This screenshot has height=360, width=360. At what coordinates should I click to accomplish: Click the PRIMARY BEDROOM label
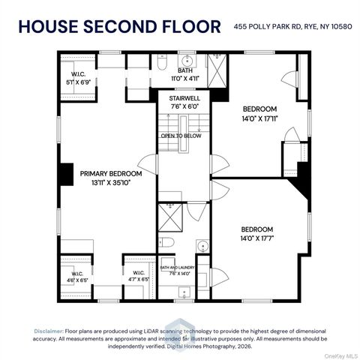pyautogui.click(x=111, y=173)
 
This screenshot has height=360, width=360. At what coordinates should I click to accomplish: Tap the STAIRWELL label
pyautogui.click(x=184, y=98)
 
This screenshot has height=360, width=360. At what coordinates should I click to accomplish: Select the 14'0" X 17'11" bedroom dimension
pyautogui.click(x=260, y=118)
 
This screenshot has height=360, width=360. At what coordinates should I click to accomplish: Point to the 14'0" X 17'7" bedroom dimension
pyautogui.click(x=257, y=238)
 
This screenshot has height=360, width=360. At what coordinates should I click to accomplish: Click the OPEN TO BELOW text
pyautogui.click(x=181, y=136)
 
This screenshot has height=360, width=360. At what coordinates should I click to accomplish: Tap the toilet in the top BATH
pyautogui.click(x=162, y=62)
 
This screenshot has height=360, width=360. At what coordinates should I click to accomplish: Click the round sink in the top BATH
pyautogui.click(x=187, y=61)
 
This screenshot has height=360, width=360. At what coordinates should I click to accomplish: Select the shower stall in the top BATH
pyautogui.click(x=217, y=70)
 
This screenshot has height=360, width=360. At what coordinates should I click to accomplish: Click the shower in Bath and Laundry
pyautogui.click(x=170, y=217)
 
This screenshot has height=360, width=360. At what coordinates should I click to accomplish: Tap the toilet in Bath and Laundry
pyautogui.click(x=166, y=242)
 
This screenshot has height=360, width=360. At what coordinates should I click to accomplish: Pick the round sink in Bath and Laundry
pyautogui.click(x=202, y=246)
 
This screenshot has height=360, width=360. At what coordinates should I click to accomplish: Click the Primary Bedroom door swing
pyautogui.click(x=148, y=164)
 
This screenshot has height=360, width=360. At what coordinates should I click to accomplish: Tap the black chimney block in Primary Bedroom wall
pyautogui.click(x=67, y=174)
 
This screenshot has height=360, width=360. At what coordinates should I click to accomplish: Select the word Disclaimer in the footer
pyautogui.click(x=49, y=331)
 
